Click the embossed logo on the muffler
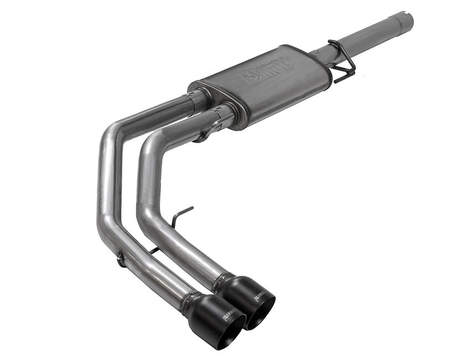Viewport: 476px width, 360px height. pos(266,72)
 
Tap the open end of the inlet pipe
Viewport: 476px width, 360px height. pos(408,20)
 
